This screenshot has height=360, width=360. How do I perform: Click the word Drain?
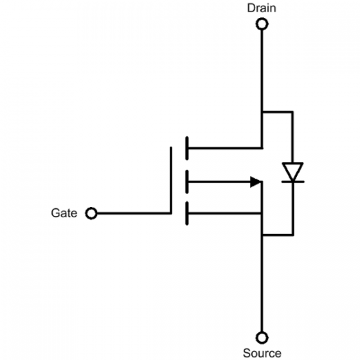tap(262, 8)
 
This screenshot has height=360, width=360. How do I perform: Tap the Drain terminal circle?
tap(262, 24)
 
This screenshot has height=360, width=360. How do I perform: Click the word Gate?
tap(64, 213)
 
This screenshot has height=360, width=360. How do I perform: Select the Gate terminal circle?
tap(91, 213)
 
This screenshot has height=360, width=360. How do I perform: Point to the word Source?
tap(262, 352)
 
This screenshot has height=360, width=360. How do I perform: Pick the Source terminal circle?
tap(262, 337)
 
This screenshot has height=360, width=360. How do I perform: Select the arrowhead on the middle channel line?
tap(256, 183)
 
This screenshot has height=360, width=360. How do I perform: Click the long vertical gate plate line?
tap(172, 180)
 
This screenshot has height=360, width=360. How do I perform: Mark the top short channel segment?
tap(186, 147)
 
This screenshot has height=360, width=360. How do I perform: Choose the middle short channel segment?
tap(186, 183)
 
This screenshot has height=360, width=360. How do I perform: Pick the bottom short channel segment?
tap(186, 214)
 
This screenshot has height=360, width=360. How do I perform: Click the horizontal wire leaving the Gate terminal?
tap(132, 213)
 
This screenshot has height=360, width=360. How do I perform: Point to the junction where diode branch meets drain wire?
tap(262, 113)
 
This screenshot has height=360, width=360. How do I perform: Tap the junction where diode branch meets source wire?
tap(262, 235)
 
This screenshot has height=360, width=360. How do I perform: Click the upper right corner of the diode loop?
tap(293, 113)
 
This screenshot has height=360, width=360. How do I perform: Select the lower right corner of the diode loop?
tap(293, 235)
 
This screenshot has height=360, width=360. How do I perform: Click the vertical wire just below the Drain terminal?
tap(262, 64)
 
